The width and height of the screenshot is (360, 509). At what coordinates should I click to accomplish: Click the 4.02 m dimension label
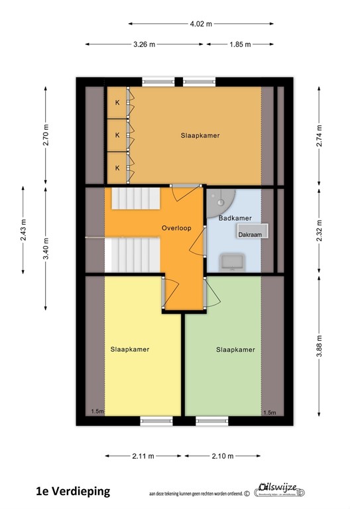click(x=200, y=24)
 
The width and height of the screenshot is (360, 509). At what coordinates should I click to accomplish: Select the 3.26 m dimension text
click(x=144, y=45)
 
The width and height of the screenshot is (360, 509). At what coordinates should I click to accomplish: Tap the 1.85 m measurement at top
click(x=240, y=45)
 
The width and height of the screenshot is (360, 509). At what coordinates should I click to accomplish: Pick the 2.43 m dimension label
click(x=23, y=231)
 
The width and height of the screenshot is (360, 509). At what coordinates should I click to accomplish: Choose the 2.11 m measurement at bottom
click(x=143, y=456)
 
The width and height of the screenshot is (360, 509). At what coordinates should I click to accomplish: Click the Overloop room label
click(x=176, y=228)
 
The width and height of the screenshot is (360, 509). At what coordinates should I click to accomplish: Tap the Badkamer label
click(x=235, y=217)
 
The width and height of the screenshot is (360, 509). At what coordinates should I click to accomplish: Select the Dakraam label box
click(x=249, y=234)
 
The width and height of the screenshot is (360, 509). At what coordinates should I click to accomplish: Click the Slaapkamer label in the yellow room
click(x=130, y=349)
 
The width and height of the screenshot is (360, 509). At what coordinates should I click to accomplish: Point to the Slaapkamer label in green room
click(x=235, y=349)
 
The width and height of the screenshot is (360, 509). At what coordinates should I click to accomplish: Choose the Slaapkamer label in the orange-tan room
click(x=200, y=135)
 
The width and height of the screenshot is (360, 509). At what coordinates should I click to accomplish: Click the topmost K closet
click(x=118, y=102)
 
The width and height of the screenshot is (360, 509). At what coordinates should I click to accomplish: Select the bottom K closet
click(x=118, y=168)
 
